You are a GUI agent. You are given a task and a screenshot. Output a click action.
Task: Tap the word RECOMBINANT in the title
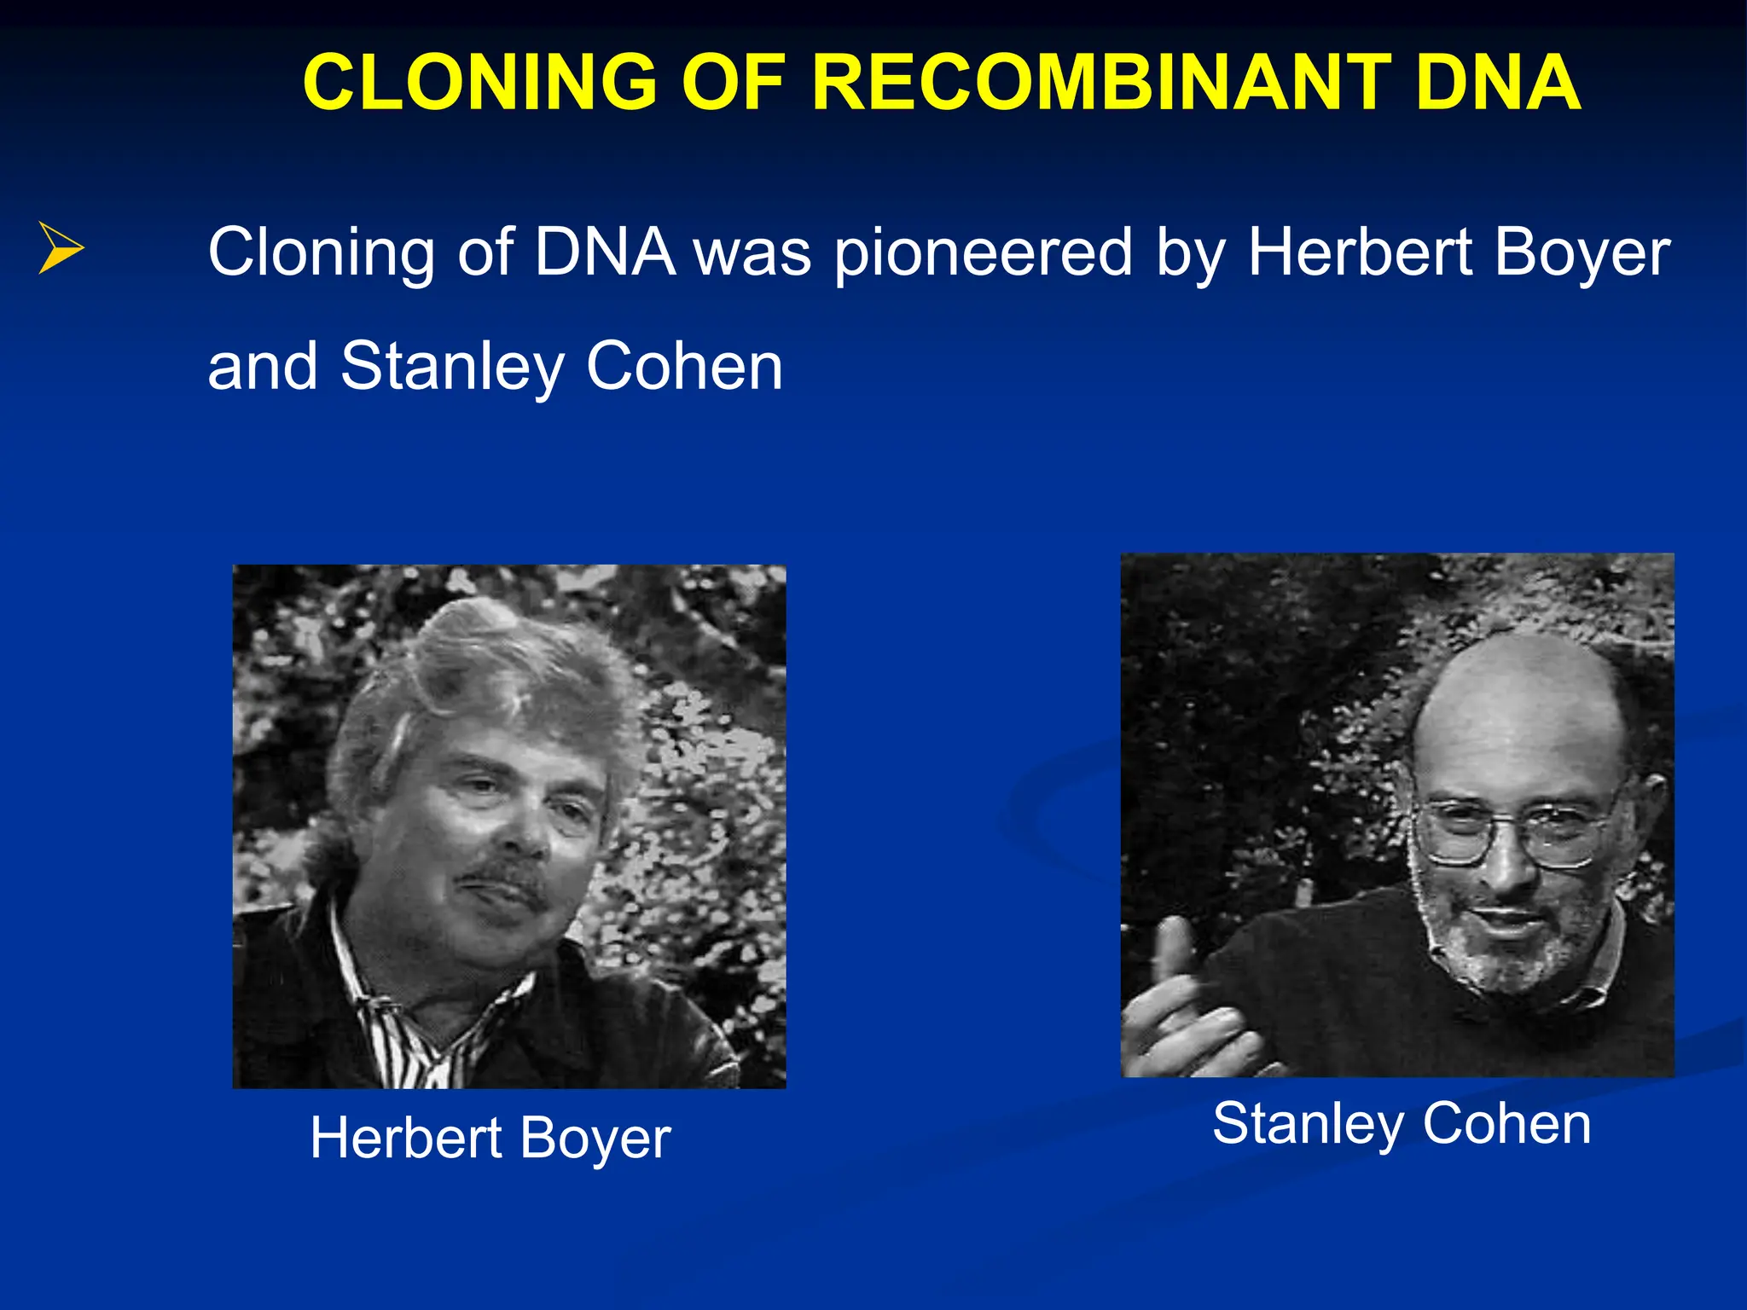tap(1101, 83)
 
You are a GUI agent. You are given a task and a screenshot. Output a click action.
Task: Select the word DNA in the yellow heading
tap(1498, 83)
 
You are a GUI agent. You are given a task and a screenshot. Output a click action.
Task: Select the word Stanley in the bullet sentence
tap(452, 367)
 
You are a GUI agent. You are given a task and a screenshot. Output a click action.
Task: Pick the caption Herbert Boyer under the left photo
tap(490, 1139)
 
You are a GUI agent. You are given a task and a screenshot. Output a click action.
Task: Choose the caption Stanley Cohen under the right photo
tap(1402, 1123)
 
